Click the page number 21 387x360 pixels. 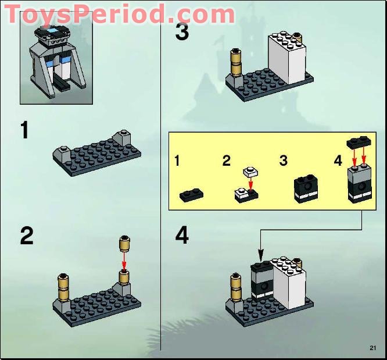tap(372, 348)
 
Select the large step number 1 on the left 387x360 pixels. tap(24, 130)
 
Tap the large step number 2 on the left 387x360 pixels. tap(27, 236)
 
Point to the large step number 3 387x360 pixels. tap(182, 31)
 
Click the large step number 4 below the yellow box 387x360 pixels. tap(182, 236)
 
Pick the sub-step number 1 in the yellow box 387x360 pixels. tap(178, 161)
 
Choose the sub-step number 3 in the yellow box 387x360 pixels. tap(283, 161)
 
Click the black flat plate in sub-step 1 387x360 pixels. tap(191, 195)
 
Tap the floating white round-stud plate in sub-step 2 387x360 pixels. tap(250, 172)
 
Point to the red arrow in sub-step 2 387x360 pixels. tap(250, 184)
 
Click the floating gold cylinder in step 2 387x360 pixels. tap(123, 244)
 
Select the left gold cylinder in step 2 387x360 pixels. tap(64, 286)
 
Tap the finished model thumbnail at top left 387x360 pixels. tap(56, 64)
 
